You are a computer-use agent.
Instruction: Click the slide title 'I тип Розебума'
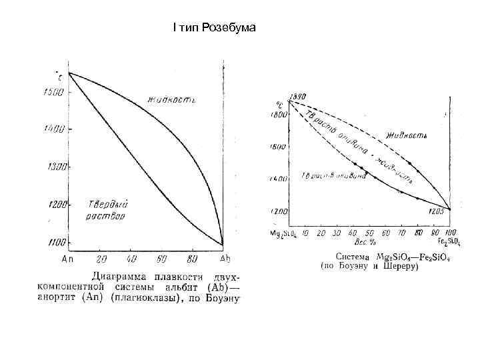point(209,28)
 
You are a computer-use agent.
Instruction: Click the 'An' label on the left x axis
point(67,259)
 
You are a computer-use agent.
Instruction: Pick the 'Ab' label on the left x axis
point(225,259)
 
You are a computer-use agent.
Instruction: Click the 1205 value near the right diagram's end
point(437,211)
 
